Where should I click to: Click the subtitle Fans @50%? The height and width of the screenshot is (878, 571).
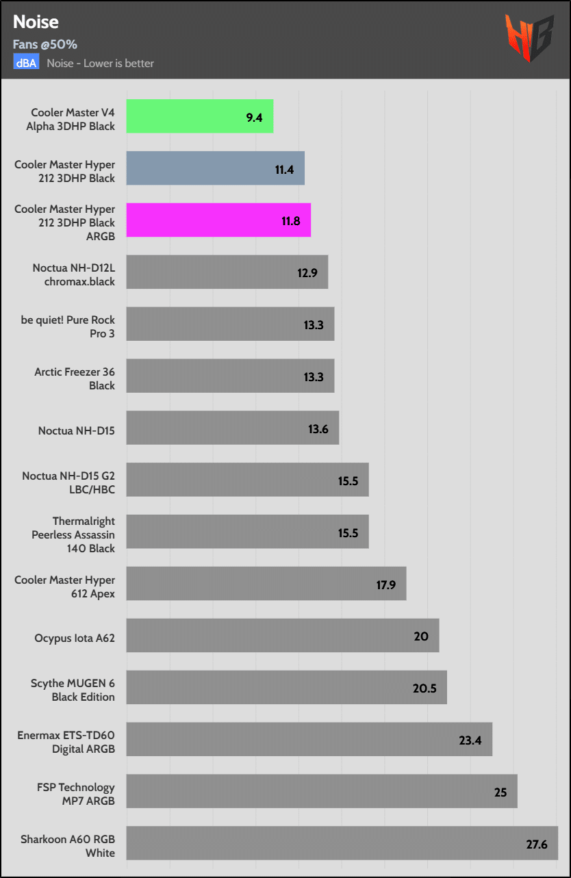tap(45, 44)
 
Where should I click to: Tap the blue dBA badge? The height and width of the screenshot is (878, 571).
tap(27, 63)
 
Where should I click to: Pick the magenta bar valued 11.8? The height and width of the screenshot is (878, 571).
tap(218, 220)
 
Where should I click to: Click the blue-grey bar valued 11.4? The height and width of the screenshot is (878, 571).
tap(215, 168)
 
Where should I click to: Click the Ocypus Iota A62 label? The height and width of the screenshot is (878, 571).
tap(75, 638)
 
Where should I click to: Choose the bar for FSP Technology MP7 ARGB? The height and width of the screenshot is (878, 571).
tap(322, 791)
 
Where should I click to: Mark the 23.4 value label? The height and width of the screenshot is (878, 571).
tap(470, 740)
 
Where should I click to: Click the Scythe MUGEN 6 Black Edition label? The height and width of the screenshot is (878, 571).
tap(73, 690)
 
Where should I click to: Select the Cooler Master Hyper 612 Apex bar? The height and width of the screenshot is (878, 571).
tap(266, 584)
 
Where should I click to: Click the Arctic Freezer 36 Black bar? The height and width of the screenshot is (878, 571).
tap(230, 376)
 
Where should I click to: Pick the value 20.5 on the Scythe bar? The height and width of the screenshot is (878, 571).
tap(424, 688)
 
